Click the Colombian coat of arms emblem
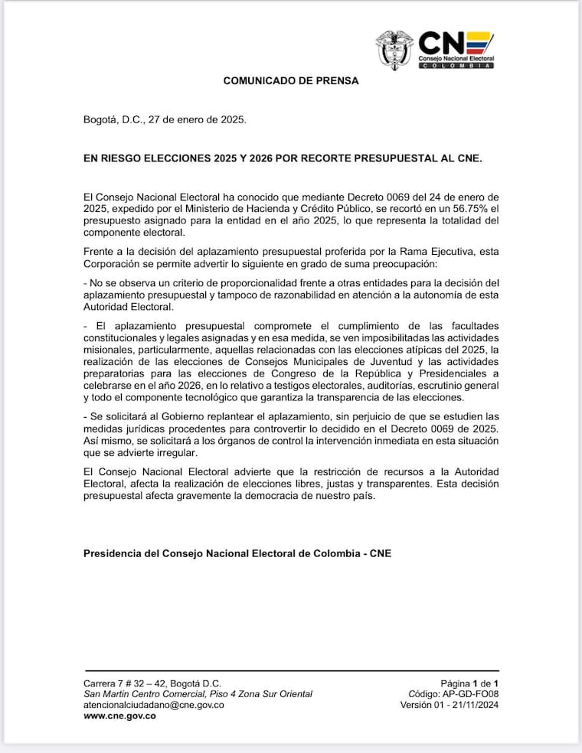click(394, 50)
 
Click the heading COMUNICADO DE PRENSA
click(291, 80)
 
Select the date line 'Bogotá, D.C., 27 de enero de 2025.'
click(165, 120)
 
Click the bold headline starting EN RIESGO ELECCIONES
click(283, 159)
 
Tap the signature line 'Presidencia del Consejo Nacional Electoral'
click(237, 553)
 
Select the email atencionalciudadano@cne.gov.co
click(153, 704)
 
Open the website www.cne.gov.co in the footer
click(119, 716)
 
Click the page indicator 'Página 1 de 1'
click(469, 683)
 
